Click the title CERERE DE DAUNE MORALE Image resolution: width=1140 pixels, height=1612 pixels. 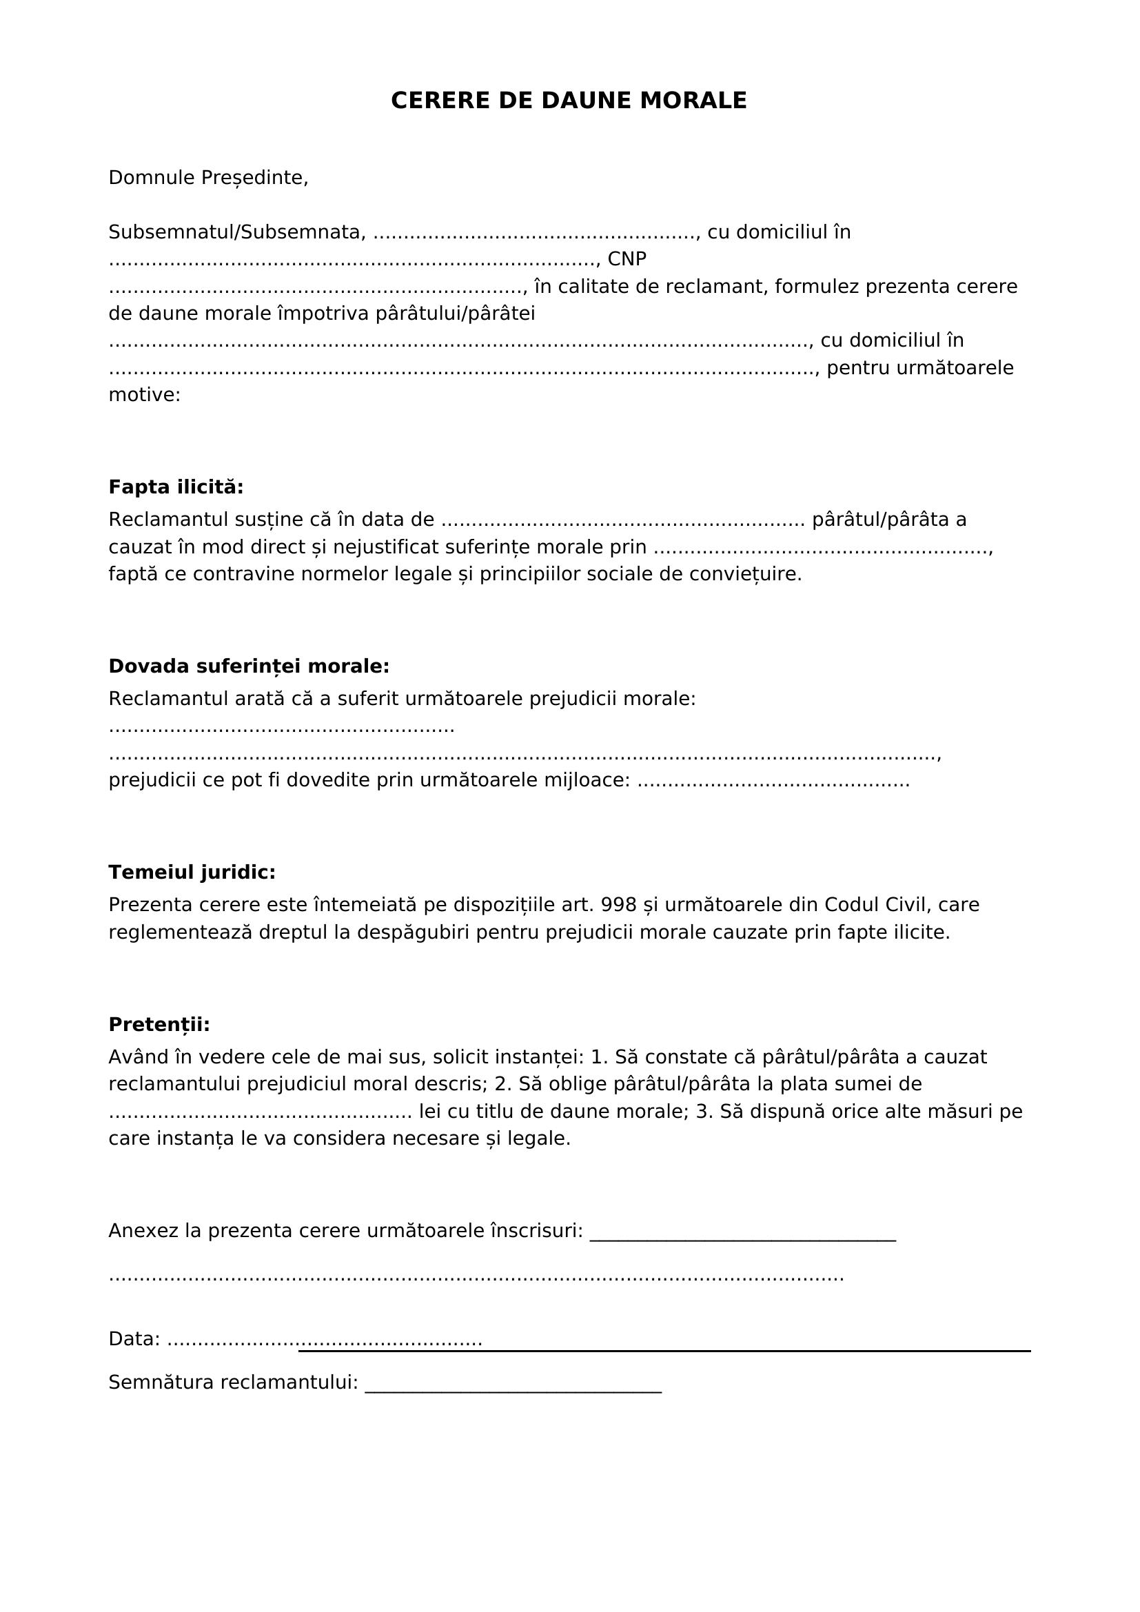click(569, 101)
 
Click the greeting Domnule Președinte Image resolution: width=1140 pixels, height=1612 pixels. click(207, 178)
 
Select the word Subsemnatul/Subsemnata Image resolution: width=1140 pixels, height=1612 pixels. click(236, 232)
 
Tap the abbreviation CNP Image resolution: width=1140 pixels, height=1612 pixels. click(627, 259)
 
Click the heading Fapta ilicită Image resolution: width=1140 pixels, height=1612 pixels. click(176, 487)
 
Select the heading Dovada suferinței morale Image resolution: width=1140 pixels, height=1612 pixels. click(249, 666)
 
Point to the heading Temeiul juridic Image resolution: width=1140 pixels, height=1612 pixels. click(192, 873)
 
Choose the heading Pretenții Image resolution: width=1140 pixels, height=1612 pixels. click(159, 1025)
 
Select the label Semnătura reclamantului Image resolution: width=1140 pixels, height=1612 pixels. click(233, 1383)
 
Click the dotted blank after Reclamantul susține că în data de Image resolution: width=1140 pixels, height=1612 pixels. click(622, 521)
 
